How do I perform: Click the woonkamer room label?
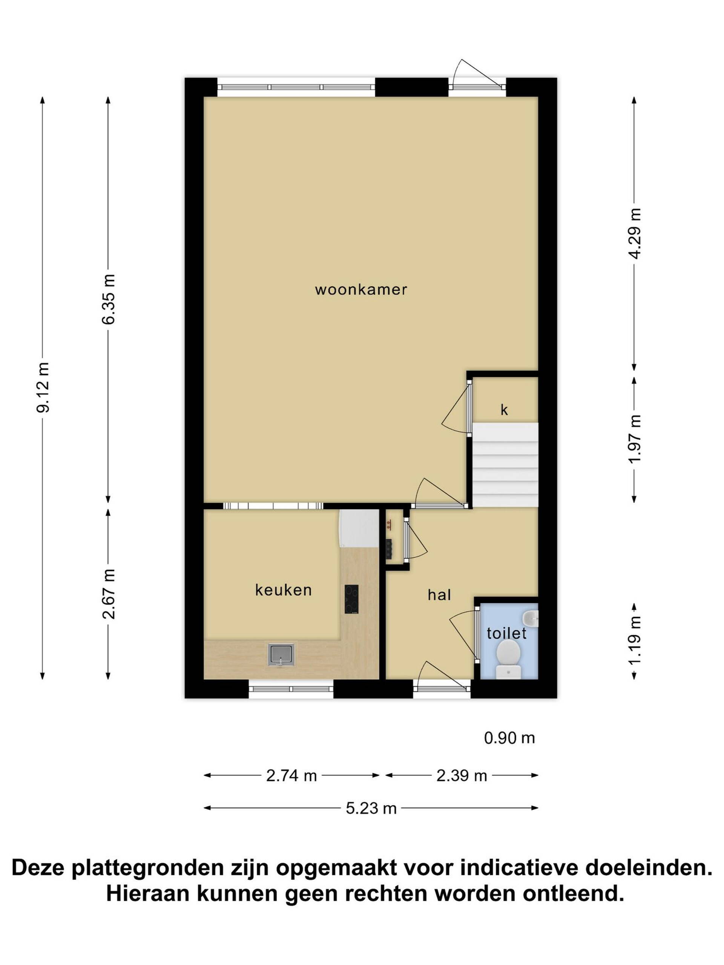[x=361, y=289]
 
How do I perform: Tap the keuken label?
[x=283, y=590]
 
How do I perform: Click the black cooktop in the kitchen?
[x=351, y=599]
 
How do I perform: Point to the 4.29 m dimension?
[x=635, y=233]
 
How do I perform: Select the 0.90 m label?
[x=509, y=738]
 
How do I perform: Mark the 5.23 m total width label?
[x=371, y=809]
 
